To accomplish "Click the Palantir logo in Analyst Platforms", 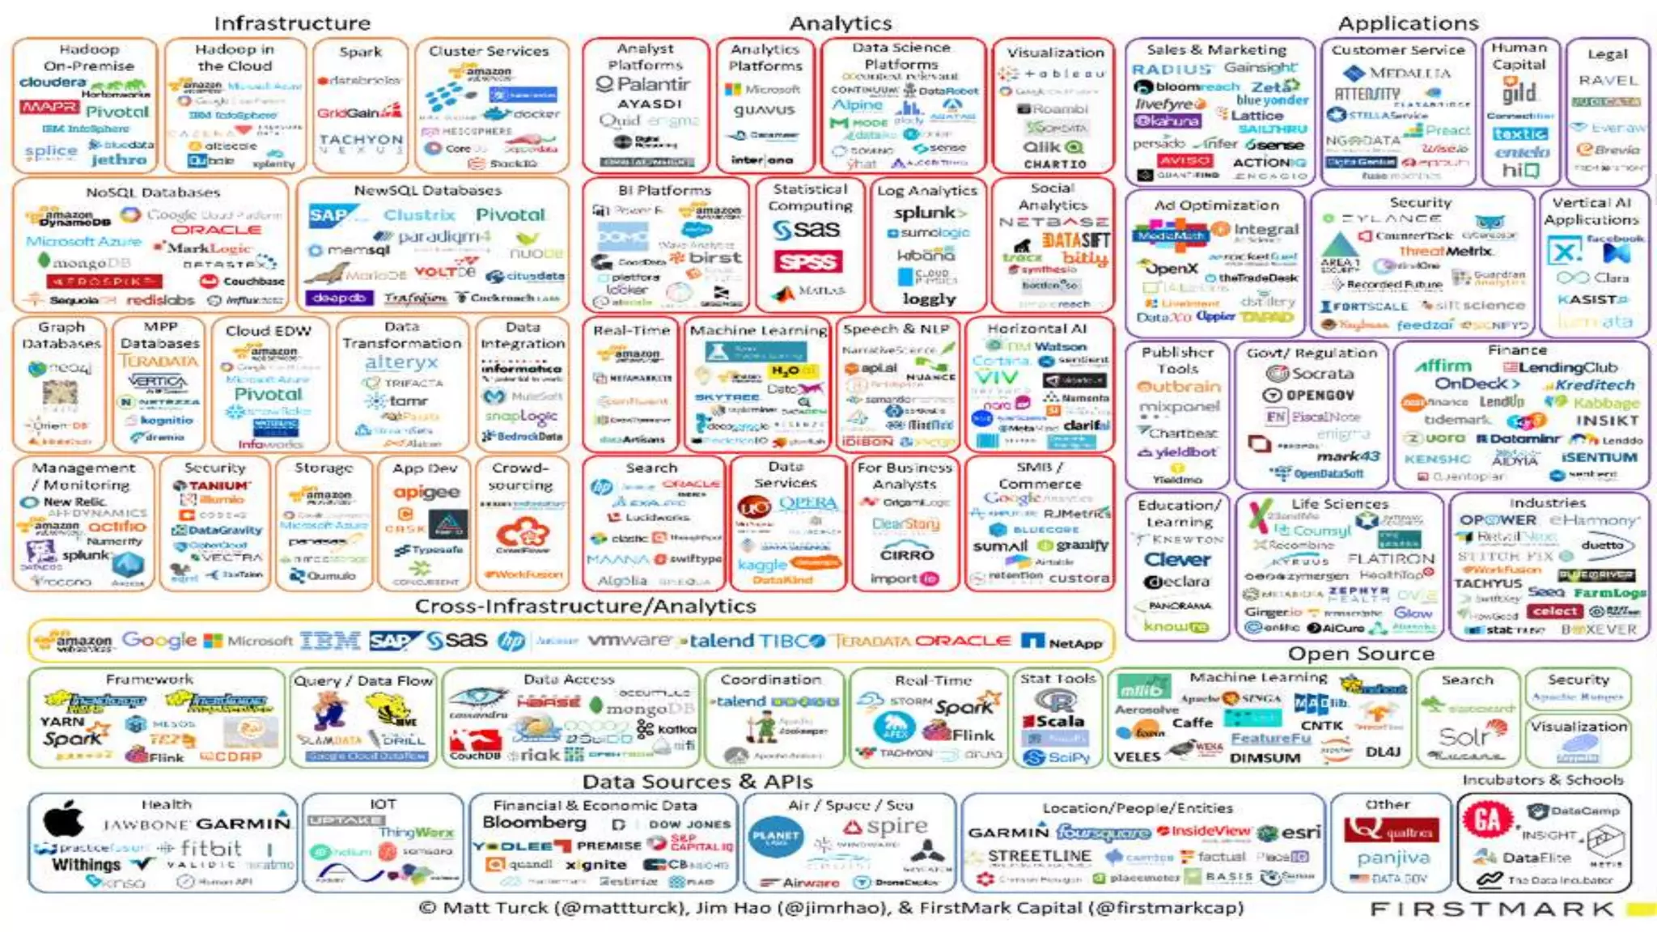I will (x=643, y=84).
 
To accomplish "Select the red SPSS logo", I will (x=807, y=261).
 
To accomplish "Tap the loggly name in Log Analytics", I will (x=929, y=299).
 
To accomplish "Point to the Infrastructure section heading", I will (x=292, y=23).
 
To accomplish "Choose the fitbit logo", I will (x=201, y=849).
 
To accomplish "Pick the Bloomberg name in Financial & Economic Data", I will (x=534, y=823).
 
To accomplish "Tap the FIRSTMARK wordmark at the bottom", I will (x=1491, y=909).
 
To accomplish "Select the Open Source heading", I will (x=1361, y=654).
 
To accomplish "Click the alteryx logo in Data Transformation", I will (x=401, y=363).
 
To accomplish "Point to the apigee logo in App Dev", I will (x=426, y=493).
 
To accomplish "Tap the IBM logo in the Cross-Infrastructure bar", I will (x=330, y=641).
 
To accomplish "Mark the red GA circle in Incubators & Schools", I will (x=1487, y=820).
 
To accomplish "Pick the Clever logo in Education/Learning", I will (x=1177, y=560).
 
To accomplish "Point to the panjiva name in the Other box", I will (x=1393, y=858).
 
